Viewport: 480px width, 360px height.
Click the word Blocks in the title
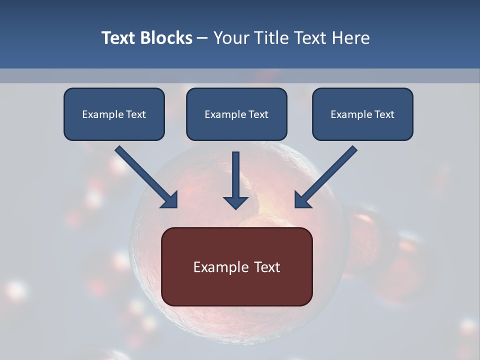pos(165,38)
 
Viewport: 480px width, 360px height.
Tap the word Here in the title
pos(352,38)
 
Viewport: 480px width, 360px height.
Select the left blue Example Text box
pos(114,114)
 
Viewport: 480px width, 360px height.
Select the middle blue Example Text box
pos(236,114)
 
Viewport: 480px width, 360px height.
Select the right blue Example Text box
pos(362,114)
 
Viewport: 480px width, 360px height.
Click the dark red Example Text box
pos(236,266)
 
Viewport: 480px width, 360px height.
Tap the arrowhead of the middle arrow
pos(235,202)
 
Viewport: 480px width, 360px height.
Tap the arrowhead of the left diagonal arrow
pos(170,200)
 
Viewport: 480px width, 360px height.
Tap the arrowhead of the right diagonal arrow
pos(302,200)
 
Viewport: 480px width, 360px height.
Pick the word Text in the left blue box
pos(135,114)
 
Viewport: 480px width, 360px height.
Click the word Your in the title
pos(229,38)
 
